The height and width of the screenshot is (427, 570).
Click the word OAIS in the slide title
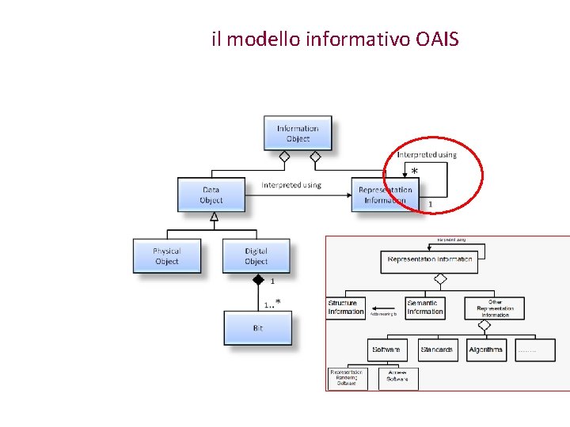pyautogui.click(x=436, y=38)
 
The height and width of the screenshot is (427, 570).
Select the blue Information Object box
pyautogui.click(x=298, y=134)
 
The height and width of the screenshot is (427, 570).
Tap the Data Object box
pyautogui.click(x=211, y=195)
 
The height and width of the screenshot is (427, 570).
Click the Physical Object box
pyautogui.click(x=167, y=256)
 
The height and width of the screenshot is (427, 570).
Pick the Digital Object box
pyautogui.click(x=256, y=256)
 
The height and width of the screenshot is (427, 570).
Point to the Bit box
pyautogui.click(x=257, y=327)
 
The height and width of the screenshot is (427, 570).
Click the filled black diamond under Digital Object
pyautogui.click(x=257, y=280)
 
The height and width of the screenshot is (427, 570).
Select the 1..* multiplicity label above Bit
pyautogui.click(x=272, y=303)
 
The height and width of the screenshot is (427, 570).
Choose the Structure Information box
pyautogui.click(x=346, y=308)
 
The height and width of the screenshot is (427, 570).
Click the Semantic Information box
pyautogui.click(x=425, y=308)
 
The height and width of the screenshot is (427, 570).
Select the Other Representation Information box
pyautogui.click(x=495, y=308)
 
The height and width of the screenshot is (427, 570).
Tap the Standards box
pyautogui.click(x=437, y=350)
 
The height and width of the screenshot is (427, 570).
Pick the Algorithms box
pyautogui.click(x=486, y=350)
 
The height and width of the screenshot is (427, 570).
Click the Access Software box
pyautogui.click(x=397, y=378)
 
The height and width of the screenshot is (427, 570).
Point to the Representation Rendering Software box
pyautogui.click(x=347, y=378)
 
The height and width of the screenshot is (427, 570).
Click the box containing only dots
pyautogui.click(x=534, y=350)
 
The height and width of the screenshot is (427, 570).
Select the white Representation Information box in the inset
pyautogui.click(x=429, y=259)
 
